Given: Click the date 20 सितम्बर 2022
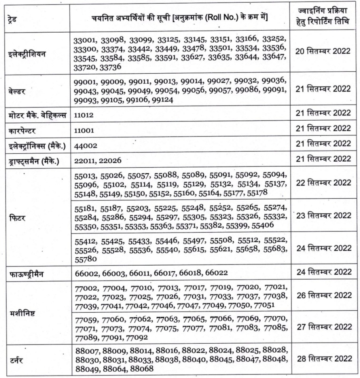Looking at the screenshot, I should (323, 52).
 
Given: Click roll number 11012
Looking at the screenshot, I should (86, 116).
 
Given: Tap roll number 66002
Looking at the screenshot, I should (87, 273).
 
